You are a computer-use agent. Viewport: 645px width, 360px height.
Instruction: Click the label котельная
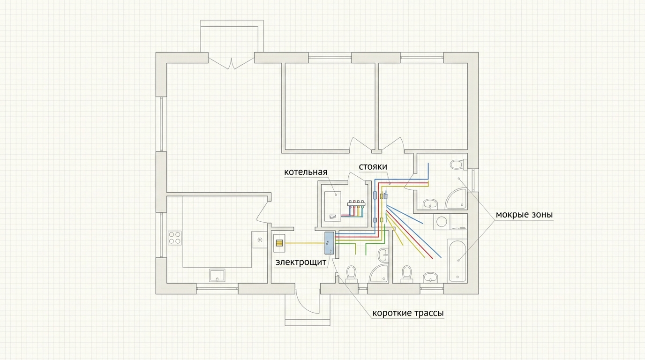[306, 172]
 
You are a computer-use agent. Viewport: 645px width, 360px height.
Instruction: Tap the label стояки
[373, 167]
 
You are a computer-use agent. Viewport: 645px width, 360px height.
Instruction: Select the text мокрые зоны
[524, 215]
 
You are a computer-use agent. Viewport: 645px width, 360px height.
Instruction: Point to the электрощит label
[301, 262]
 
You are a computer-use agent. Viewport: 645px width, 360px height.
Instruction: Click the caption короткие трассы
[408, 313]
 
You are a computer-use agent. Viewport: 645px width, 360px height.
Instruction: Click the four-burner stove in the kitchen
[174, 238]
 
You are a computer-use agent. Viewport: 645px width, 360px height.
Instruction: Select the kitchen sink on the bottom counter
[217, 275]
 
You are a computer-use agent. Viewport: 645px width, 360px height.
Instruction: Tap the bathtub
[457, 261]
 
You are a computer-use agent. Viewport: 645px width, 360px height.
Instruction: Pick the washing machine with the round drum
[442, 222]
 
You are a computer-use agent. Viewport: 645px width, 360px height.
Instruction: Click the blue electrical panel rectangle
[330, 243]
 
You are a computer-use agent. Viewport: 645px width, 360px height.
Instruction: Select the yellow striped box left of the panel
[279, 243]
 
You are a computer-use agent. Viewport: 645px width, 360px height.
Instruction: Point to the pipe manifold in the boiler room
[356, 208]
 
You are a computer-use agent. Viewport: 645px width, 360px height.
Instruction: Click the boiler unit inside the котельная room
[333, 207]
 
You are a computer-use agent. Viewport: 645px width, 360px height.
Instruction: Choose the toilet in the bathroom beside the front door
[351, 274]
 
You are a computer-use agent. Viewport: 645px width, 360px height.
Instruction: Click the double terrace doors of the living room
[231, 63]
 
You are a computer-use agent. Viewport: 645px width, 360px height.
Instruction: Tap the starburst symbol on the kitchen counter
[260, 240]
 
